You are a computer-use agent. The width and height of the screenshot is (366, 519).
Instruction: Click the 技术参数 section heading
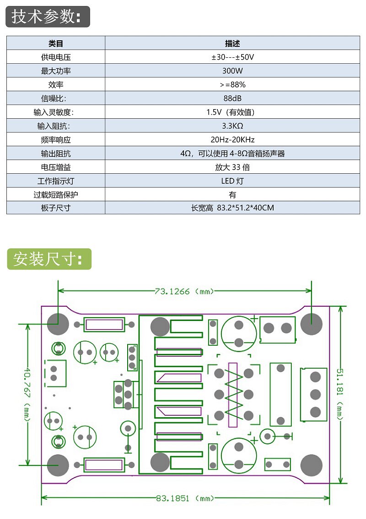coord(48,17)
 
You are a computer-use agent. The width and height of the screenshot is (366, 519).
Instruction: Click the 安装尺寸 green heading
coord(49,259)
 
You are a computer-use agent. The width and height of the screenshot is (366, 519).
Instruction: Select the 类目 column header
coord(56,44)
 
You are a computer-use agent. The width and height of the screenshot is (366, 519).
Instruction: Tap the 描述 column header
coord(232,44)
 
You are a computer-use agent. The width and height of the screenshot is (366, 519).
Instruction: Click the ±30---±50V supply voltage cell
coord(232,57)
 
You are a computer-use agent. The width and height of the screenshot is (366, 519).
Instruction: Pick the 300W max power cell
coord(232,71)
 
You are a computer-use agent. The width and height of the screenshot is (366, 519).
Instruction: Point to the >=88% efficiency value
coord(232,85)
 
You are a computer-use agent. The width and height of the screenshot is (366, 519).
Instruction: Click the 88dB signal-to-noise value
coord(232,99)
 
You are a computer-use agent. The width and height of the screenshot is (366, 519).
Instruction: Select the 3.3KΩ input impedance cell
coord(232,126)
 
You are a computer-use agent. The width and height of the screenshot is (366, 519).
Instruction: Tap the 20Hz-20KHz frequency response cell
coord(232,140)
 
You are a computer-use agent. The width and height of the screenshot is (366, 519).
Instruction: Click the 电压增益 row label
coord(56,167)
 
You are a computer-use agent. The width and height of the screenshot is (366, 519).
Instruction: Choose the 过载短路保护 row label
coord(56,195)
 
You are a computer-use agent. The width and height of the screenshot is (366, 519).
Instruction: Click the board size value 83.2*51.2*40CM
coord(232,208)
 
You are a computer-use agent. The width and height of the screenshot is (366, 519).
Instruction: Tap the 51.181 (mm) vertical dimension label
coord(340,394)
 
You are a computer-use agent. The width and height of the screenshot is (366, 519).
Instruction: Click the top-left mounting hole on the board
coord(58,324)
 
